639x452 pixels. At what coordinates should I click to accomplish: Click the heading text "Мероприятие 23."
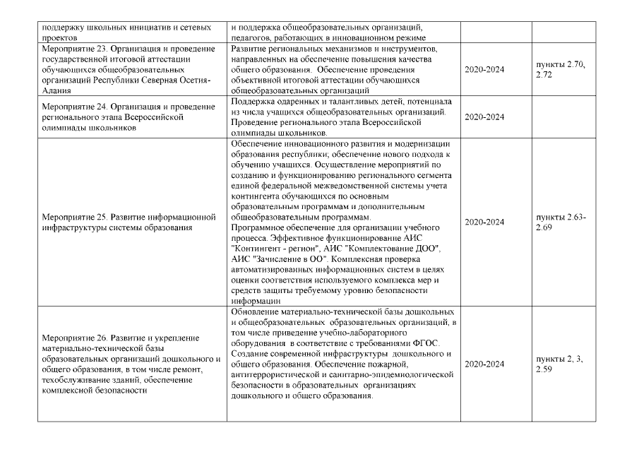(x=77, y=48)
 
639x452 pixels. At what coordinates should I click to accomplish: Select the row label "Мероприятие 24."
(x=77, y=106)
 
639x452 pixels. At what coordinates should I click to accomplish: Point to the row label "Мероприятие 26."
(x=77, y=338)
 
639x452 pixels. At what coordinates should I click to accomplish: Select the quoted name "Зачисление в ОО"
(x=292, y=259)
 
